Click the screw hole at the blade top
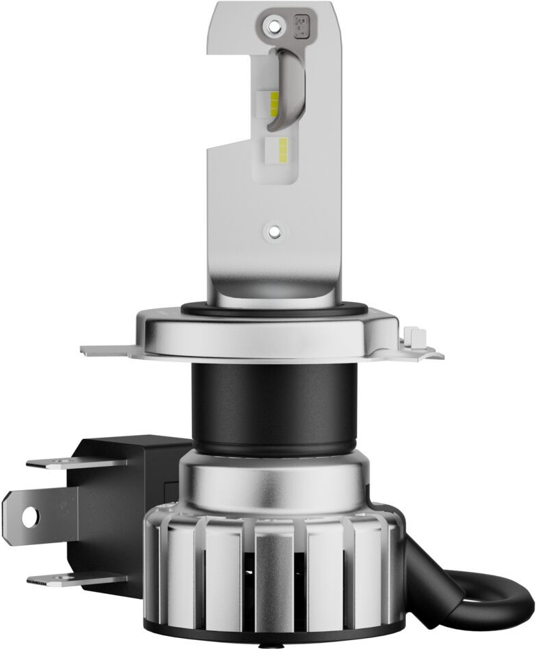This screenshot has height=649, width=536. coord(275,26)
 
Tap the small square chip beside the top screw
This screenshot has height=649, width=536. coord(301,25)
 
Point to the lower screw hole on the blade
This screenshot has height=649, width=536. coord(274,232)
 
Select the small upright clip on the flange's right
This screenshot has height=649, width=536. coord(415,338)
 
